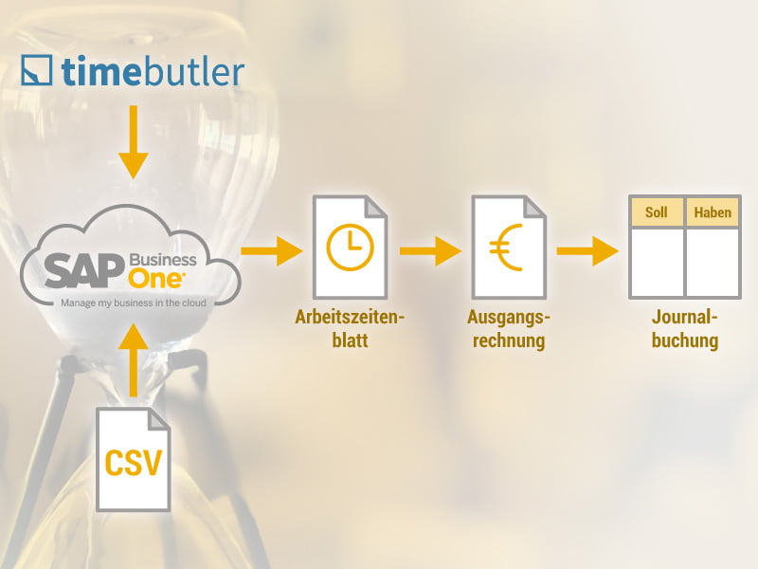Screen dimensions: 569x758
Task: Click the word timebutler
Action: [152, 72]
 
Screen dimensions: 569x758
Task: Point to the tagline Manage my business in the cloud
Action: [134, 304]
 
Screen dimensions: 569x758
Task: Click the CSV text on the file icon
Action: [134, 463]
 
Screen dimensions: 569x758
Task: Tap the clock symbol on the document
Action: [350, 247]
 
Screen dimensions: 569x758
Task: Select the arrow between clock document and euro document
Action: [429, 251]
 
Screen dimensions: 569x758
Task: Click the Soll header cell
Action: [657, 212]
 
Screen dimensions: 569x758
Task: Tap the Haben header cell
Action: [713, 212]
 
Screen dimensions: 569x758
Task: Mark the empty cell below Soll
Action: [657, 262]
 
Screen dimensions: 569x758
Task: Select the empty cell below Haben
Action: [713, 262]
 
